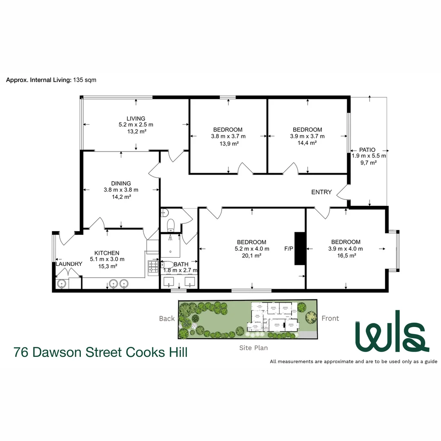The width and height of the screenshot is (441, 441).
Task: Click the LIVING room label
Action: tap(136, 118)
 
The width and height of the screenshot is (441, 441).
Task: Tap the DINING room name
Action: tap(121, 183)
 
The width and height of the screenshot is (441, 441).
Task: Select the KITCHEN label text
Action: tap(107, 253)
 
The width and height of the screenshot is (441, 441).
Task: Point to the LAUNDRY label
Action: tap(69, 264)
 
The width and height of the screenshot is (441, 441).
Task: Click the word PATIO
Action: tap(367, 150)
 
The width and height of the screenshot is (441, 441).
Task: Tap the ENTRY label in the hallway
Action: tap(321, 192)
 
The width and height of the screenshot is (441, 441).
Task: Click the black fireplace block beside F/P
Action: tap(300, 248)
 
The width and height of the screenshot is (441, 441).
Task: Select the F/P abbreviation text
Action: tap(289, 248)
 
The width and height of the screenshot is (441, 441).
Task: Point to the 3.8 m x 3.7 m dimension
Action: tap(228, 136)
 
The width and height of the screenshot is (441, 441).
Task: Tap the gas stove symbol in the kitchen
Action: tap(153, 267)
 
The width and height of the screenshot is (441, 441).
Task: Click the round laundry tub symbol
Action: tap(62, 283)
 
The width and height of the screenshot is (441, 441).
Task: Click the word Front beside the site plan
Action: tap(330, 318)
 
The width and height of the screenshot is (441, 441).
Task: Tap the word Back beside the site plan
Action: tap(167, 318)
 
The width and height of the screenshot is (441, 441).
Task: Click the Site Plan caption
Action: tap(254, 348)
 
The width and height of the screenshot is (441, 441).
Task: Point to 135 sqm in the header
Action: tap(85, 80)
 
